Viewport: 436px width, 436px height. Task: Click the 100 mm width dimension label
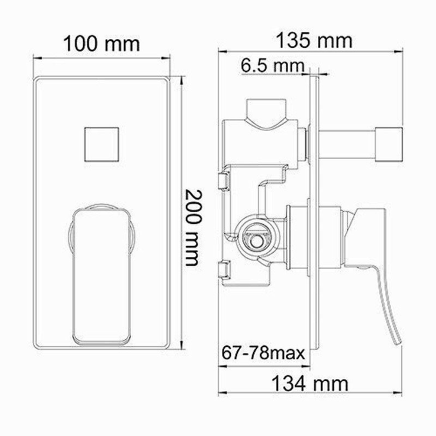pyautogui.click(x=101, y=43)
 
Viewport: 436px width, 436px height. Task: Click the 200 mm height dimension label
pyautogui.click(x=192, y=227)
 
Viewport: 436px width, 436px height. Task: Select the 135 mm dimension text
pyautogui.click(x=313, y=40)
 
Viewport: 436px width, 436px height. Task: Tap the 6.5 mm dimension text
pyautogui.click(x=271, y=66)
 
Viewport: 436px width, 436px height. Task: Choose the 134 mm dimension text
pyautogui.click(x=310, y=384)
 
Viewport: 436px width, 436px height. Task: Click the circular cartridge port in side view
pyautogui.click(x=253, y=237)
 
